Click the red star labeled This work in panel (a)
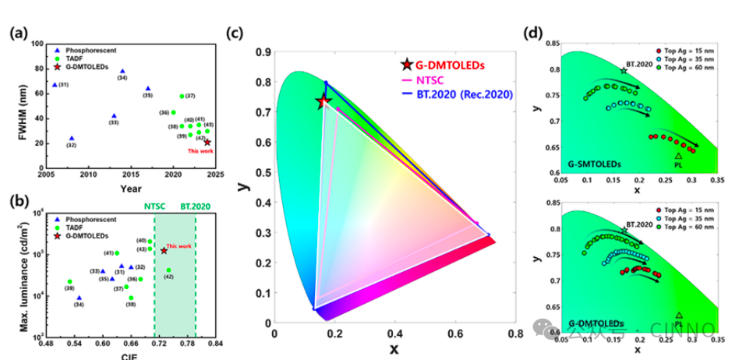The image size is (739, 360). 207,142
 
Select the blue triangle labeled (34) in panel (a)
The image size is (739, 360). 122,69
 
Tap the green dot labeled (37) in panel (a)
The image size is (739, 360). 182,96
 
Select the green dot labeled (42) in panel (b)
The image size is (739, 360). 169,270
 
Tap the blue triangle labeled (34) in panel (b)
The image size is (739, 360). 80,297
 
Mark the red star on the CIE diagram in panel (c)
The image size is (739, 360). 324,102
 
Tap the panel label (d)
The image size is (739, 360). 534,34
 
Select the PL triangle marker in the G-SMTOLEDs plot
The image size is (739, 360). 678,156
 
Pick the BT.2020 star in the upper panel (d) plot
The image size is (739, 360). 624,71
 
